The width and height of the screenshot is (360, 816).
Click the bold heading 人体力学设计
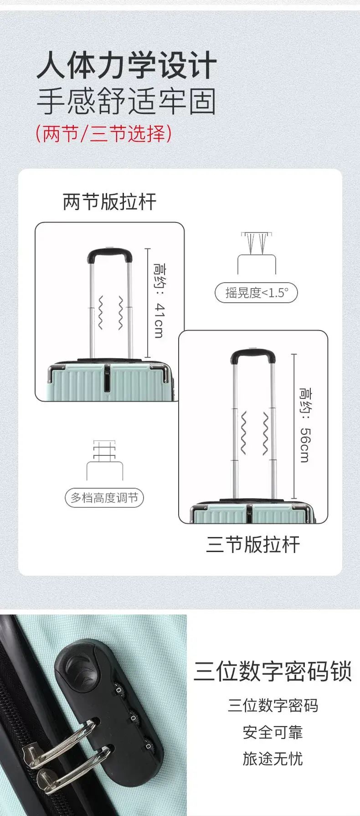click(126, 66)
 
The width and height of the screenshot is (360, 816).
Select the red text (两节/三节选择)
click(104, 134)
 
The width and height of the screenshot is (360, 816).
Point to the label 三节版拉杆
click(253, 544)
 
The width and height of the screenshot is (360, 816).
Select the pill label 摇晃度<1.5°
click(256, 293)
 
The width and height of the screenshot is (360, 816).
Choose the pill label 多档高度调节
click(104, 497)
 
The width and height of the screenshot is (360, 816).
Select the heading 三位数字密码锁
click(273, 671)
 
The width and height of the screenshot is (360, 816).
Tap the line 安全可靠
click(273, 733)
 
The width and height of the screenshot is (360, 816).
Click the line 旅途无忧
click(273, 759)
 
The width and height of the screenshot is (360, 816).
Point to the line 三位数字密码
click(273, 706)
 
